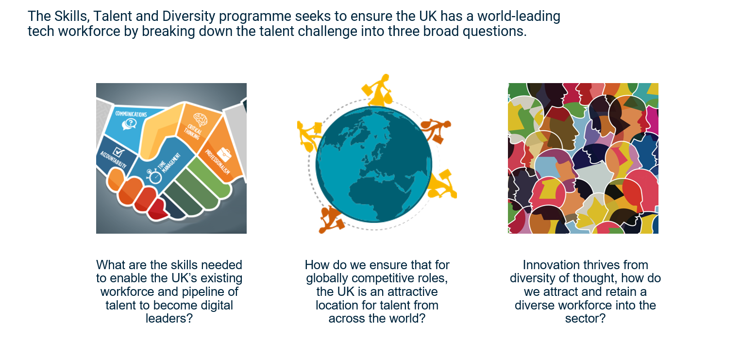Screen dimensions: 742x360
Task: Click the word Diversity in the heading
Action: tap(188, 16)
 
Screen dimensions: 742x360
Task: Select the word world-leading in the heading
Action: tap(519, 16)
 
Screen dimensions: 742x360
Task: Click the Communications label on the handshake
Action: tap(131, 114)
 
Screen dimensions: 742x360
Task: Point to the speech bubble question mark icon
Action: tap(129, 124)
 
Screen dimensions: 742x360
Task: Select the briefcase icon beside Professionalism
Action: tap(224, 154)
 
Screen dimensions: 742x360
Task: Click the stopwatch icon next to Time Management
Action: tap(154, 176)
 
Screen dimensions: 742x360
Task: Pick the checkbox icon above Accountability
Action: tap(118, 153)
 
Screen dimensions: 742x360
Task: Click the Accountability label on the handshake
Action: tap(113, 160)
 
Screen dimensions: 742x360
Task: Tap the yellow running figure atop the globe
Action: tap(378, 89)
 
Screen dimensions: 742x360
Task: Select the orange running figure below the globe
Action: tap(331, 220)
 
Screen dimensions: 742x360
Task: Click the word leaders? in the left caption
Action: tap(169, 319)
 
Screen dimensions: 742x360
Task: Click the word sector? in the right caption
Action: tap(585, 319)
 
